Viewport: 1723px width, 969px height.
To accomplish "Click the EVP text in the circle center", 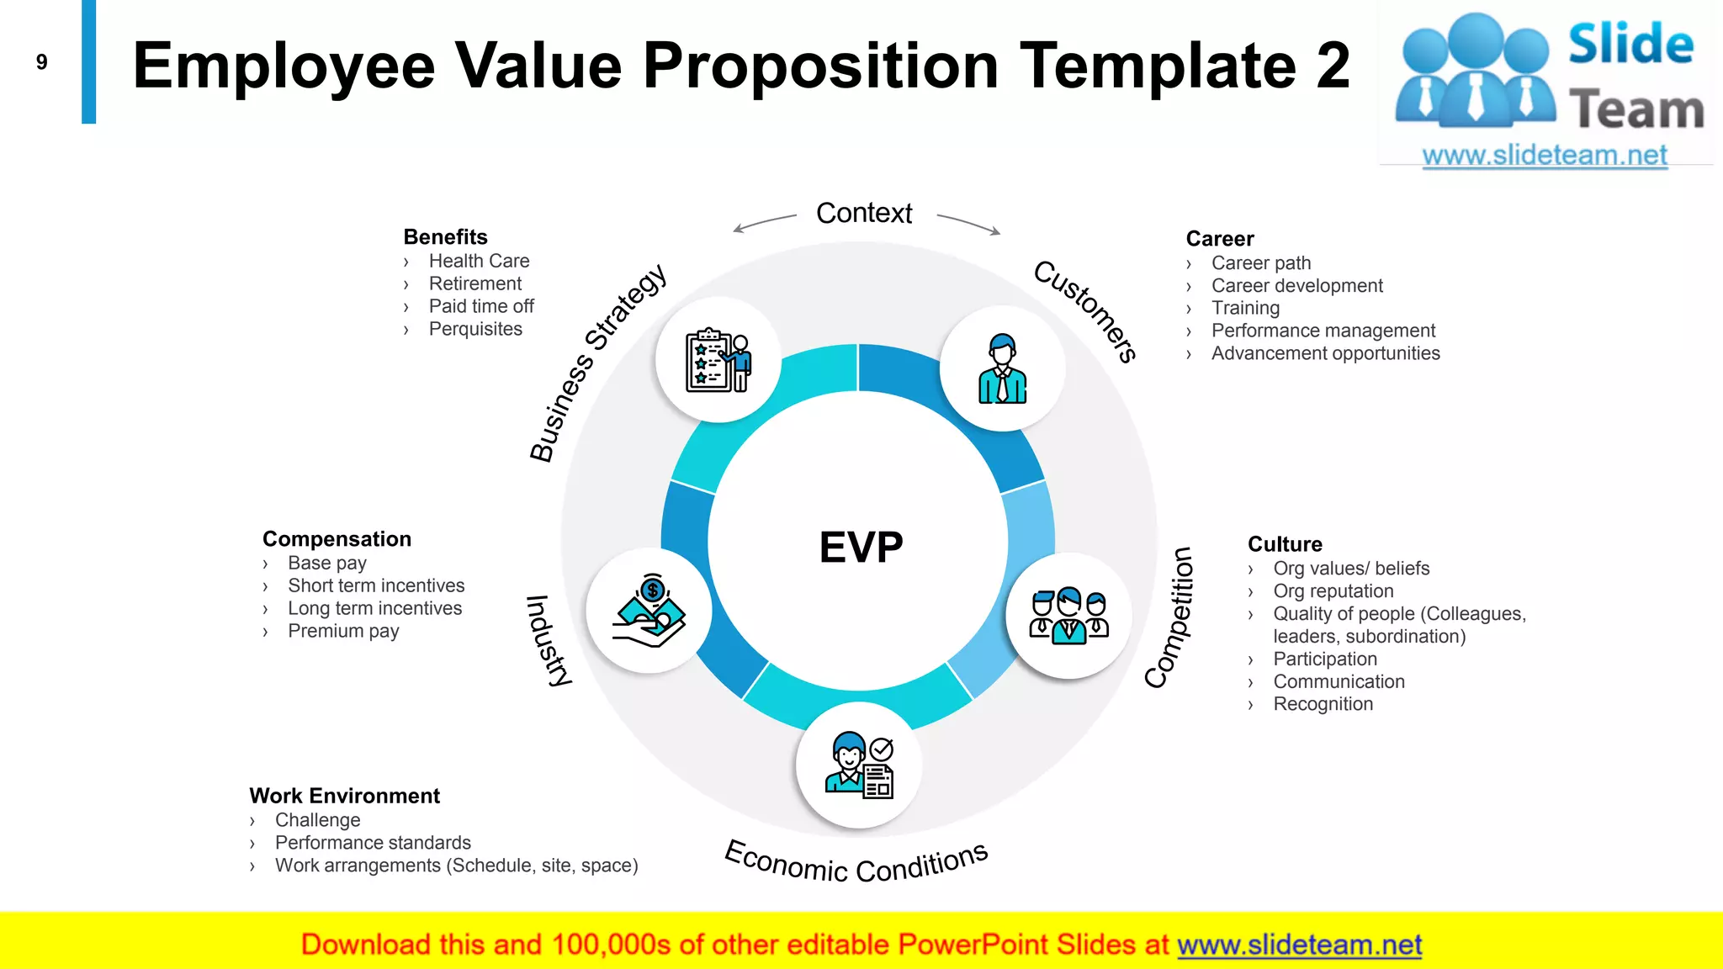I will [861, 548].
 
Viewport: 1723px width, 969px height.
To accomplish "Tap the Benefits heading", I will [445, 237].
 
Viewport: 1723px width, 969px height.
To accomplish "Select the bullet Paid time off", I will [481, 306].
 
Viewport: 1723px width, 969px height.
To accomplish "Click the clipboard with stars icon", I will [718, 360].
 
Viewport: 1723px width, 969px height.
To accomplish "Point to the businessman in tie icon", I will [1002, 369].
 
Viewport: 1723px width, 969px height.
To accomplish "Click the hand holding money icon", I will [649, 611].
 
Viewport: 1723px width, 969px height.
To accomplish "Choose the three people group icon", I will [1068, 616].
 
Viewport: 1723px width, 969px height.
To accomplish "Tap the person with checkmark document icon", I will [859, 765].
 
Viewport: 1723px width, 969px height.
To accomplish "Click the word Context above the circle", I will [864, 214].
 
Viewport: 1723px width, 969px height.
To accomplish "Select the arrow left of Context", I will [763, 223].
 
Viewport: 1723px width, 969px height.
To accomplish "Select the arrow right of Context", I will [969, 224].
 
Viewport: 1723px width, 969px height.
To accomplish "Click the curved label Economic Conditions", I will [856, 863].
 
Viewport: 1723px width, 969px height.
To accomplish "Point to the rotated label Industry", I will [549, 640].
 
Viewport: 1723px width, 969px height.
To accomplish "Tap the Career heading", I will [1219, 239].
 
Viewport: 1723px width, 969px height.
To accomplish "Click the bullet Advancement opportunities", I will [1325, 353].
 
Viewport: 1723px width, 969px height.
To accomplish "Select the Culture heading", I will [1285, 544].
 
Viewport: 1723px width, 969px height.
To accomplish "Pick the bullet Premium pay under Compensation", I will [343, 631].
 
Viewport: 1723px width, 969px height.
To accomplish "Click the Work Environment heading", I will [344, 796].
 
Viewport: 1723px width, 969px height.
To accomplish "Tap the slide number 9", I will [42, 62].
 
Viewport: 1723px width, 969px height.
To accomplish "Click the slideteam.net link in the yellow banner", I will [1299, 945].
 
